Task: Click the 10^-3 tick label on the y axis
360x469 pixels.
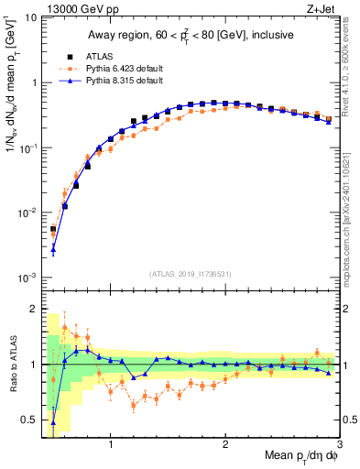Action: click(27, 278)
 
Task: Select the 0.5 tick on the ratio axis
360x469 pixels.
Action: click(27, 420)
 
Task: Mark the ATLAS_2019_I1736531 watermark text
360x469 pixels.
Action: click(190, 273)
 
